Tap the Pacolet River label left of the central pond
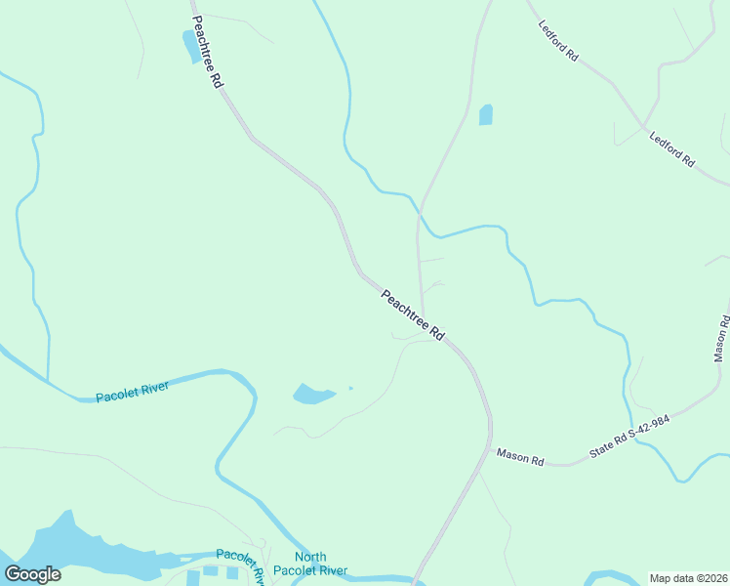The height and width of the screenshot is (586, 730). click(133, 391)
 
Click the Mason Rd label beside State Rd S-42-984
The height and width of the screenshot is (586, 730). click(519, 454)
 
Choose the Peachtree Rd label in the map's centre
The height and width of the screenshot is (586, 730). click(412, 314)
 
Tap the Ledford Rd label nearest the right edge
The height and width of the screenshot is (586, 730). click(671, 147)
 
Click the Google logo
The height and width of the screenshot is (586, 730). click(33, 574)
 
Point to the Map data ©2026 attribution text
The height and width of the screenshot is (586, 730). click(689, 578)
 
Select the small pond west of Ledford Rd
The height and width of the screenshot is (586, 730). click(486, 114)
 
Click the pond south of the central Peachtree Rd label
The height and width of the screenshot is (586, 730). click(312, 394)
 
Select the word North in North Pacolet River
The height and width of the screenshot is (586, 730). click(310, 557)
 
